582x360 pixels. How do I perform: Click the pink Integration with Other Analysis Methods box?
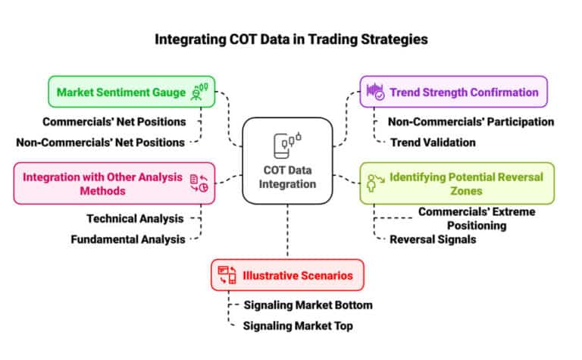(114, 183)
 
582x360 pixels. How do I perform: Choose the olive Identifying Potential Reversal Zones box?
(456, 183)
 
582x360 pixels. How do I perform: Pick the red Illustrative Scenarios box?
(287, 275)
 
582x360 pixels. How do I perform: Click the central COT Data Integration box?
(287, 161)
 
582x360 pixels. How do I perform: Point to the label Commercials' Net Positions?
(114, 121)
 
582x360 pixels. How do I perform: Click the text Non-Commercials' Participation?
(471, 121)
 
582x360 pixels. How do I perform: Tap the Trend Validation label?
(432, 142)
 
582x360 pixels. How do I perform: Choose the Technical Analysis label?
(134, 219)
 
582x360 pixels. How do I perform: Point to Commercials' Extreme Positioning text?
(462, 219)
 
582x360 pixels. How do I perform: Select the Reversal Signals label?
(432, 239)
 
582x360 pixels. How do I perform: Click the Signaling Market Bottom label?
(308, 305)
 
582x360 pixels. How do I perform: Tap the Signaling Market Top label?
(298, 326)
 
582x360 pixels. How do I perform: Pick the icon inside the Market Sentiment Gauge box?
(200, 92)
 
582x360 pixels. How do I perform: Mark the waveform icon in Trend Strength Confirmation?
(375, 92)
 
